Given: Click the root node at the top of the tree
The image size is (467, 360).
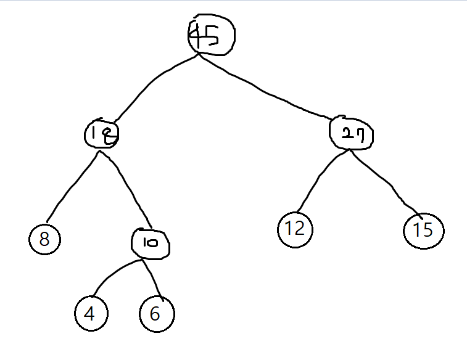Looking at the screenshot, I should (212, 36).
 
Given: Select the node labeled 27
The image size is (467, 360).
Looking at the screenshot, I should (352, 133).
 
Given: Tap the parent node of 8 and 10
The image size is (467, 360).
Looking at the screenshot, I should (102, 133).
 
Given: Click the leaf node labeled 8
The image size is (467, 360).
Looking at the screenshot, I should (44, 239).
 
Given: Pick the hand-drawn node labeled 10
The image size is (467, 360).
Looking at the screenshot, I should (151, 243).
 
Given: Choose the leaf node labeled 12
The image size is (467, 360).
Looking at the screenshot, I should (295, 229).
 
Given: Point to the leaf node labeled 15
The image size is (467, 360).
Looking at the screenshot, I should (424, 231).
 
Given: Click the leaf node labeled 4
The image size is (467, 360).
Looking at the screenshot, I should (91, 314).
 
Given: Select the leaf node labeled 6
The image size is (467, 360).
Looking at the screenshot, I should (157, 314).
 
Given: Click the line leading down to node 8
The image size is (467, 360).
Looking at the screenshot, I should (71, 185).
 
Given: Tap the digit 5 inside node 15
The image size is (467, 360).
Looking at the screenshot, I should (429, 231).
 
